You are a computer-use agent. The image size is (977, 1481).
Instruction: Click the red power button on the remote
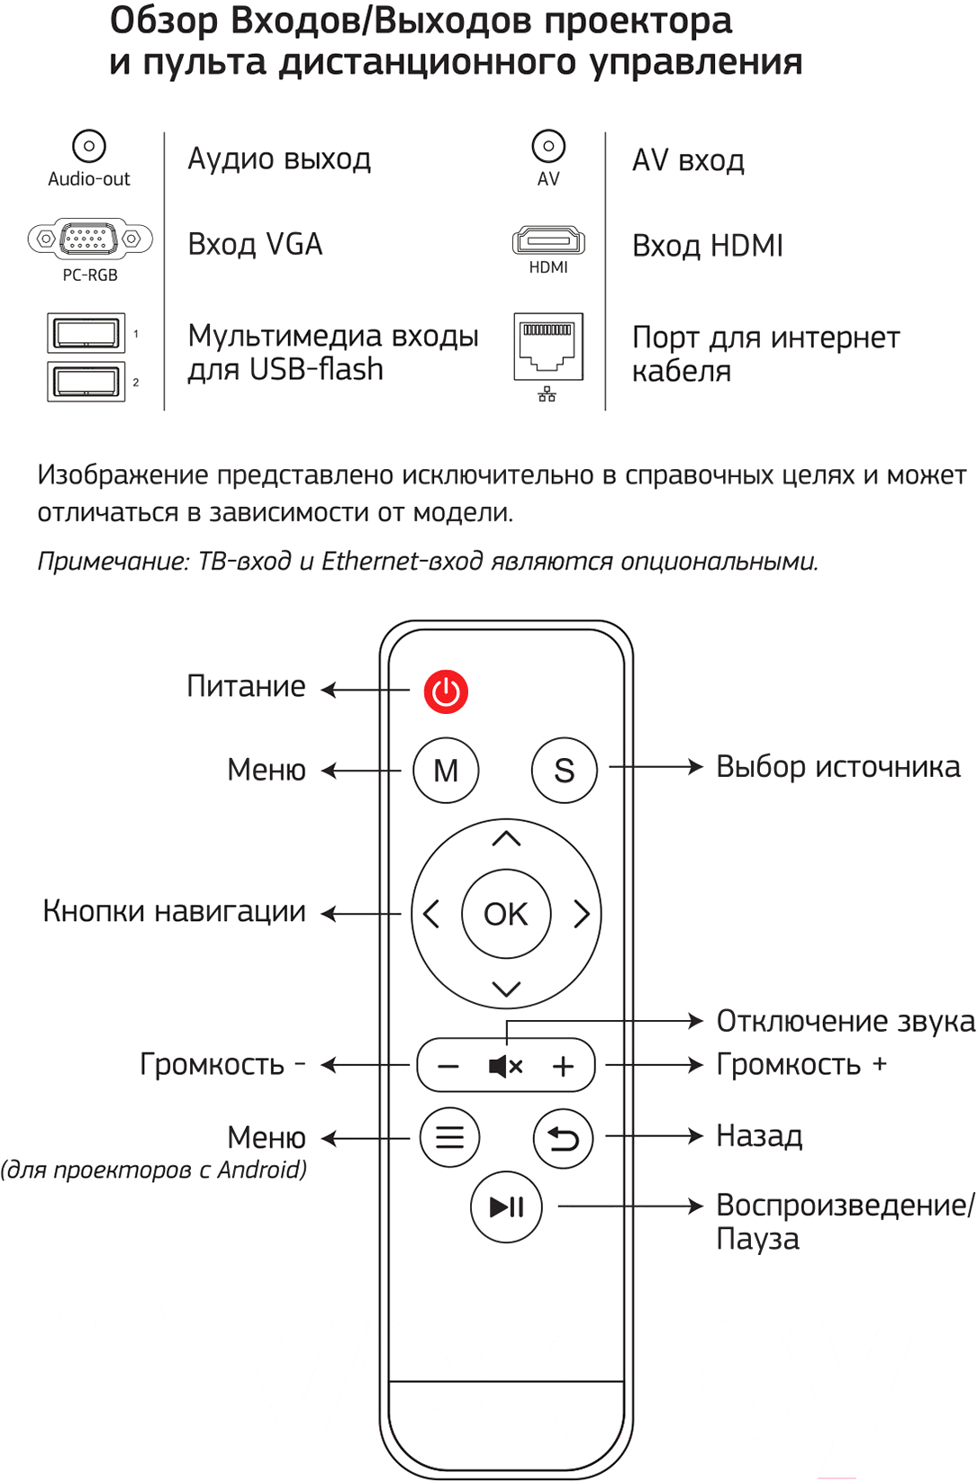[x=446, y=691]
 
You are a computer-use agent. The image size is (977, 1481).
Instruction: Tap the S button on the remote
[x=565, y=771]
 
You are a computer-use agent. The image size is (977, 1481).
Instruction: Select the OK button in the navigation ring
[x=506, y=914]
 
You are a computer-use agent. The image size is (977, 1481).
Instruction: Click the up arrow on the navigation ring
[x=507, y=838]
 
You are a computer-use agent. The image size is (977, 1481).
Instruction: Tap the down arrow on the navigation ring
[x=507, y=989]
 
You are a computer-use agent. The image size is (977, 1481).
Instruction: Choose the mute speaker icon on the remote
[x=505, y=1066]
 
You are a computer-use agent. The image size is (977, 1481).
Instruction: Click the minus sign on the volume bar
[x=448, y=1067]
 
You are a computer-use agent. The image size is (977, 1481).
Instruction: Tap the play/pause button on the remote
[x=506, y=1206]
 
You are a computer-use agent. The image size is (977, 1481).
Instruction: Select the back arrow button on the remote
[x=563, y=1138]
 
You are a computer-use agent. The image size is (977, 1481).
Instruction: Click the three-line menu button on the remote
[x=450, y=1137]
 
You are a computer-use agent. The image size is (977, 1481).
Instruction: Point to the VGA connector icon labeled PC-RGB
[x=90, y=238]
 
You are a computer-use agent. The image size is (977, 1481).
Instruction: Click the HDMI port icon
[x=548, y=240]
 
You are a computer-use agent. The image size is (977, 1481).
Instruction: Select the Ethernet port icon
[x=548, y=347]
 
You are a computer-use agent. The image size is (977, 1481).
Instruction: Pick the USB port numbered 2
[x=86, y=382]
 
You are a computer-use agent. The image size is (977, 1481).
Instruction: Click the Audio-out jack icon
[x=88, y=146]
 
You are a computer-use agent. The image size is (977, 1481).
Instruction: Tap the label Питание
[x=246, y=686]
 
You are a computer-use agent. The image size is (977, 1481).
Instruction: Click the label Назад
[x=759, y=1136]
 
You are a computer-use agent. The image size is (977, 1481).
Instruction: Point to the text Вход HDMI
[x=708, y=246]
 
